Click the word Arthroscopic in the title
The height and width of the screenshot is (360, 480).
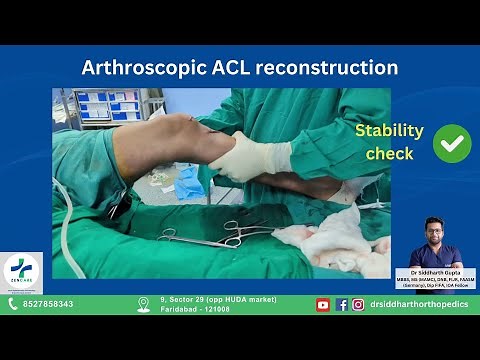[x=139, y=68]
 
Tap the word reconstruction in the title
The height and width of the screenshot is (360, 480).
[x=331, y=68]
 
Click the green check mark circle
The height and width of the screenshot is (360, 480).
[x=452, y=143]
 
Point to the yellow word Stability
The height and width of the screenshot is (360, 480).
[x=390, y=131]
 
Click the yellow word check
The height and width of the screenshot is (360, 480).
[x=389, y=154]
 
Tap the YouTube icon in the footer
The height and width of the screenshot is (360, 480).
[x=323, y=305]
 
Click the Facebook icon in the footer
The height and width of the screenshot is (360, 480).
[x=341, y=305]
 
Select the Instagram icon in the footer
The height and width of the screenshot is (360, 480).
[x=357, y=305]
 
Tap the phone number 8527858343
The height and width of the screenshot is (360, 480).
[x=48, y=305]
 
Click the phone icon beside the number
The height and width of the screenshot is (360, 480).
[x=13, y=305]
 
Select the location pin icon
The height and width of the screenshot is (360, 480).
[x=143, y=305]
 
